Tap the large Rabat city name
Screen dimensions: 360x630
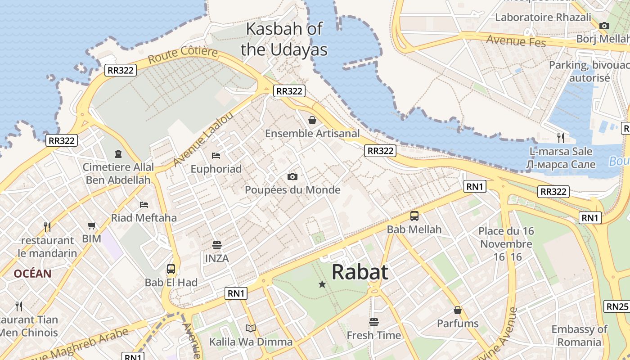[360, 272]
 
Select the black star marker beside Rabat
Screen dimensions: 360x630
[322, 284]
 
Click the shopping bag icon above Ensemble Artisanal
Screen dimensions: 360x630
[312, 120]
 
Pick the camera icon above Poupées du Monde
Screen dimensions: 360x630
[292, 176]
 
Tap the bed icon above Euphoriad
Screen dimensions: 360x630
[216, 156]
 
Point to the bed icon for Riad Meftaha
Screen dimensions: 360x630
[144, 205]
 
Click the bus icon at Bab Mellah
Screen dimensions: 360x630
[414, 216]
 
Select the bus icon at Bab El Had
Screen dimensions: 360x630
[171, 269]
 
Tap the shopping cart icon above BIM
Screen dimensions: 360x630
[92, 225]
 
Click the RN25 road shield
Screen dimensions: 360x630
[617, 306]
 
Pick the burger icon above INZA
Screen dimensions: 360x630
[217, 245]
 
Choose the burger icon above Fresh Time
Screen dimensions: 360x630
[374, 322]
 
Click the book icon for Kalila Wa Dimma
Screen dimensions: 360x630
[251, 328]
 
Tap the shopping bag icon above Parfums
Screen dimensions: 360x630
[458, 310]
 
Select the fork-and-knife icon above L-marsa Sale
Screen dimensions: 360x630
[560, 138]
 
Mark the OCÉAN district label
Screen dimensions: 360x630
[32, 273]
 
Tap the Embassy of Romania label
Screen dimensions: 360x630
[580, 336]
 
